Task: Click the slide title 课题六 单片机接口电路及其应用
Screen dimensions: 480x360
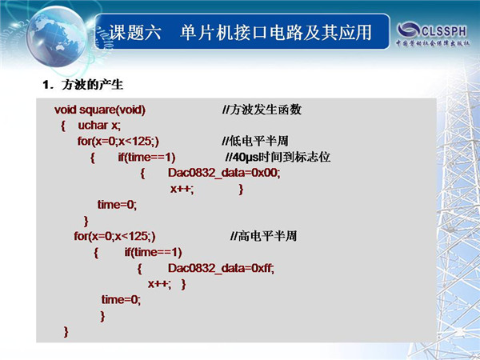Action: [x=240, y=32]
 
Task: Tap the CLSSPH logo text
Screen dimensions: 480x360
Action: [x=444, y=30]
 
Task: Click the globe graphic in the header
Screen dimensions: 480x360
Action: [x=56, y=37]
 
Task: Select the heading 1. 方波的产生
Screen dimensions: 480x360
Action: [x=82, y=85]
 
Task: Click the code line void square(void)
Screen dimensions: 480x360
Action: [x=100, y=110]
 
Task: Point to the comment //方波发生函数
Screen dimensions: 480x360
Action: [x=262, y=110]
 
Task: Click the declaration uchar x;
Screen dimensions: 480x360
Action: [x=99, y=126]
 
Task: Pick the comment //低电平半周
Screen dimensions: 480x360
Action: [x=255, y=141]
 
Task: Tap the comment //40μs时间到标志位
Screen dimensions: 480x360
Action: [x=278, y=157]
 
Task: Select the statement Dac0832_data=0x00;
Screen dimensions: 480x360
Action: [x=224, y=173]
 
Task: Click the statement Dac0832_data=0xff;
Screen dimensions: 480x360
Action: [x=221, y=268]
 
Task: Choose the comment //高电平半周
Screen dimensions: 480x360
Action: [x=263, y=236]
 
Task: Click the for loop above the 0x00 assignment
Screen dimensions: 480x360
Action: [x=118, y=141]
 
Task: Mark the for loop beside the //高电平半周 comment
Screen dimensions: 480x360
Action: [x=114, y=236]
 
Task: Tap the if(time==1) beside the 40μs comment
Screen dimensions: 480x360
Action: [x=146, y=157]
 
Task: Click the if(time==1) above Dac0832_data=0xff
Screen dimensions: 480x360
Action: [x=153, y=252]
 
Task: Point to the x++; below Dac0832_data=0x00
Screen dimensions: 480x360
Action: [x=182, y=189]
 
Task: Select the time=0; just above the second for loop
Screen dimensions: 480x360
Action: [x=117, y=205]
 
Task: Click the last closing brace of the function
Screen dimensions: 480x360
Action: [x=66, y=332]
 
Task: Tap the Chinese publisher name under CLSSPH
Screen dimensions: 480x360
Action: [x=433, y=43]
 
